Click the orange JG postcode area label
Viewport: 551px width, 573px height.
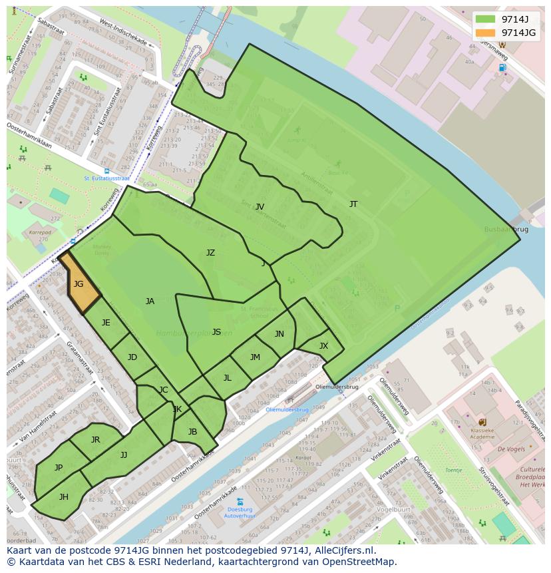[79, 284]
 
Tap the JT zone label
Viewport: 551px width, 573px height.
[353, 204]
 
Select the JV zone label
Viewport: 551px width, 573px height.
[260, 207]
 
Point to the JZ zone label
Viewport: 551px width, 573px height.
[210, 253]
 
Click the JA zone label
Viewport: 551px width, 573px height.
[150, 301]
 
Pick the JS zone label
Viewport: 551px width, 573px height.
[216, 332]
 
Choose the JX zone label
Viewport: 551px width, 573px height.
[323, 346]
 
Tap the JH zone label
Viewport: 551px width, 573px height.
[64, 497]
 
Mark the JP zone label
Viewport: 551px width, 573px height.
[59, 468]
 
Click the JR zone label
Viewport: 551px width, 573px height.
[95, 440]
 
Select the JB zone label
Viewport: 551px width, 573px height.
[192, 432]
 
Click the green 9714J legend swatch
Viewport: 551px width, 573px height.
[486, 19]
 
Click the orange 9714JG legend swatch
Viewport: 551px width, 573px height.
[486, 33]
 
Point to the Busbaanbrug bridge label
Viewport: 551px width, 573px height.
[506, 229]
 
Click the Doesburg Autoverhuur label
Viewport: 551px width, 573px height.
[240, 512]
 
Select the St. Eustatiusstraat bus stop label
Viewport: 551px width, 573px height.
[106, 178]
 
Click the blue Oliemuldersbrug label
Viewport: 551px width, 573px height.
[287, 410]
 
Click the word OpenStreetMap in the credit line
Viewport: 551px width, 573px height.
[360, 562]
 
